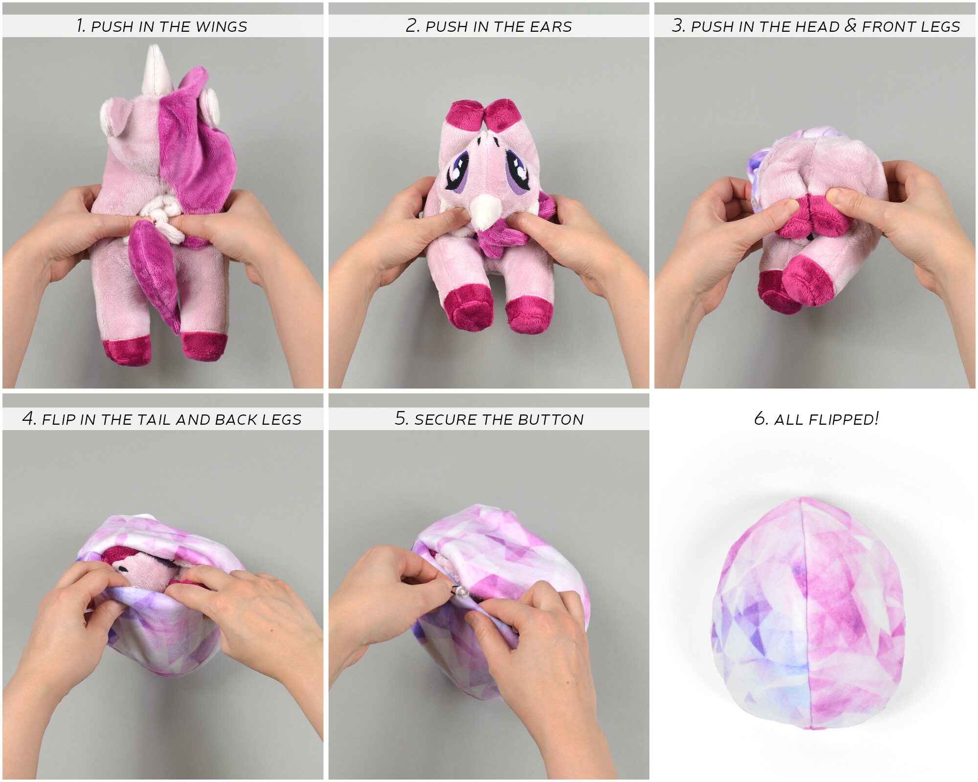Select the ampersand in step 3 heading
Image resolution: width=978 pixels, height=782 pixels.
click(x=850, y=26)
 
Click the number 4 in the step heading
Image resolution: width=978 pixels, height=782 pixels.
click(x=28, y=419)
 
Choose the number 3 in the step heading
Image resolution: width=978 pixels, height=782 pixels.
click(x=677, y=26)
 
